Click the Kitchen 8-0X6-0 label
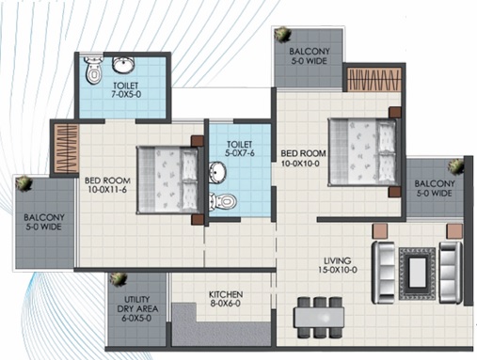point(226,299)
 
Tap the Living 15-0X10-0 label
point(338,265)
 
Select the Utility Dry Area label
point(137,308)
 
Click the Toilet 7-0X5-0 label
point(126,89)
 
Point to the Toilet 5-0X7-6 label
point(239,149)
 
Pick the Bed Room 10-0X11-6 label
point(107,185)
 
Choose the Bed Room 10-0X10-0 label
point(303,158)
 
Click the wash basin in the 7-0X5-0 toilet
point(123,64)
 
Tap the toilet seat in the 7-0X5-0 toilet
point(93,70)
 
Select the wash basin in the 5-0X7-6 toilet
point(217,172)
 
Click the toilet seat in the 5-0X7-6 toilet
point(222,201)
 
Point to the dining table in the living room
point(319,318)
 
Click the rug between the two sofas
point(417,274)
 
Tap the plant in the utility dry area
point(118,279)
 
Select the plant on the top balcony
point(282,34)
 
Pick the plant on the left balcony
point(24,183)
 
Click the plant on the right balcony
point(455,166)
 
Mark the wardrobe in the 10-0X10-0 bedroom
point(374,80)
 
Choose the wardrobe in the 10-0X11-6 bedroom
point(66,148)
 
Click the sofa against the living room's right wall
point(451,273)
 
